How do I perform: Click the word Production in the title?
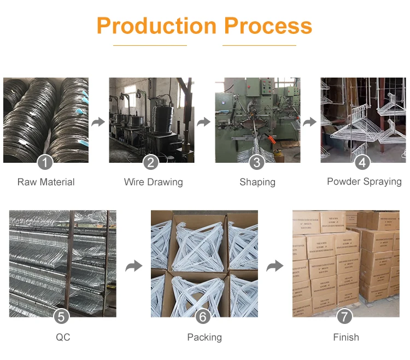coord(156,26)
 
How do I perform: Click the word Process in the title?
coord(268,26)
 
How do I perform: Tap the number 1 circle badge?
coord(45,162)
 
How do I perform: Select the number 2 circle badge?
coord(151,162)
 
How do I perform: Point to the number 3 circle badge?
coord(257,162)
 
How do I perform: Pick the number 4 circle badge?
coord(362,162)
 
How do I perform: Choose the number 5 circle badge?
coord(63,316)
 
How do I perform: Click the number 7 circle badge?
coord(345,316)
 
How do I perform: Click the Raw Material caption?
coord(46,182)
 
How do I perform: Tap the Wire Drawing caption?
coord(153,182)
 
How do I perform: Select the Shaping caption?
coord(257,182)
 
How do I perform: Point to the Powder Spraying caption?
coord(364,181)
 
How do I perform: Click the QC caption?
coord(63,337)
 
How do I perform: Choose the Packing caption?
coord(204,337)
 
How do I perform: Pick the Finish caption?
coord(346,337)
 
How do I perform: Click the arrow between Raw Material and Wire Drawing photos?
coord(98,121)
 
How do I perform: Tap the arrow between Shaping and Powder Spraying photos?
coord(310,121)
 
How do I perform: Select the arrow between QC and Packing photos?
coord(134,266)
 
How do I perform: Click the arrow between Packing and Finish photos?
coord(275,266)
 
